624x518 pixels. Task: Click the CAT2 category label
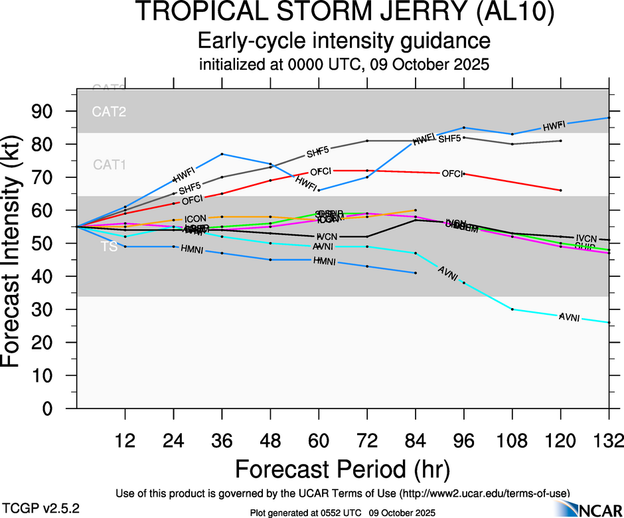pyautogui.click(x=109, y=112)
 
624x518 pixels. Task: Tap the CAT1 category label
pyautogui.click(x=109, y=164)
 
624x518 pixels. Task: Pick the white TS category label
pyautogui.click(x=110, y=247)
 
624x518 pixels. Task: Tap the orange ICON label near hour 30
pyautogui.click(x=195, y=218)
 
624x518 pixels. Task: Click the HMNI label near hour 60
pyautogui.click(x=325, y=261)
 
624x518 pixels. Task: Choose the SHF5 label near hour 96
pyautogui.click(x=449, y=139)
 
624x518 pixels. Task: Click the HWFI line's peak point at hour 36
pyautogui.click(x=222, y=154)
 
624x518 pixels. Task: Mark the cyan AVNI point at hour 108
pyautogui.click(x=512, y=309)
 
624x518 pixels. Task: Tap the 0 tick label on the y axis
pyautogui.click(x=61, y=409)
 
